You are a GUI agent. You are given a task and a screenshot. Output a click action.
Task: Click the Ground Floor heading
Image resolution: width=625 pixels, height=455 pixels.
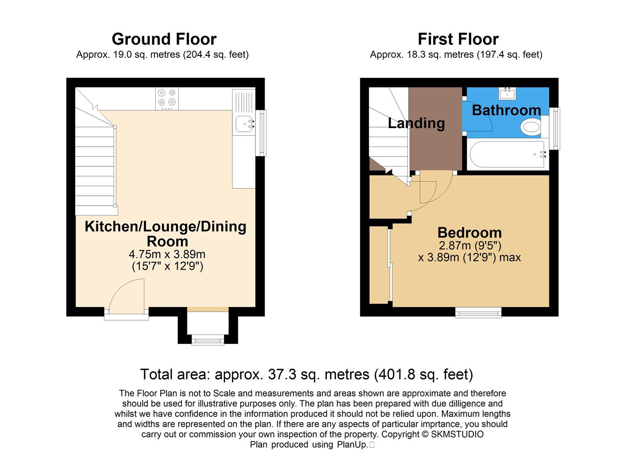164,39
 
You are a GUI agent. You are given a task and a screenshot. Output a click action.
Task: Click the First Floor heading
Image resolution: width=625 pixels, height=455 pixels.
458,39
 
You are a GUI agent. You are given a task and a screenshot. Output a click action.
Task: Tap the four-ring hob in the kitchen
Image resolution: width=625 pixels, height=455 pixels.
167,98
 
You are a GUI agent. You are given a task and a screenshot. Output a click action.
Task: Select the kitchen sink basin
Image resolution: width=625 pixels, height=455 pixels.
243,123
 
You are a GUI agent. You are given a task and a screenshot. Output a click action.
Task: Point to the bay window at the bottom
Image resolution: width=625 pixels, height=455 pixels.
208,339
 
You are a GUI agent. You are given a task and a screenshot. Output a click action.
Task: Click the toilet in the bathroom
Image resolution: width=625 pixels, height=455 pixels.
531,127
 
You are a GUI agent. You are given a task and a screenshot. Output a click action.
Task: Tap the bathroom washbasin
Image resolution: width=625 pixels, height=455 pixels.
508,93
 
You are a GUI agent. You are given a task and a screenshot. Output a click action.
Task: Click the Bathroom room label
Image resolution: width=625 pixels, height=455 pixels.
506,110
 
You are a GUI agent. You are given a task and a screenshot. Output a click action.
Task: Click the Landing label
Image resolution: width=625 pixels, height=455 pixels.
416,123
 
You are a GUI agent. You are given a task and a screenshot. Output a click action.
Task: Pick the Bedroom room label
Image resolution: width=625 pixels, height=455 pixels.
469,233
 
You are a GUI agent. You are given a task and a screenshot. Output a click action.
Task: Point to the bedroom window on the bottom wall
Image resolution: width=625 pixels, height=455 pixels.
478,312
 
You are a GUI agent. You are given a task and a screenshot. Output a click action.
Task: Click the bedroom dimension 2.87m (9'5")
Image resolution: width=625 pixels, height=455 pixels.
470,246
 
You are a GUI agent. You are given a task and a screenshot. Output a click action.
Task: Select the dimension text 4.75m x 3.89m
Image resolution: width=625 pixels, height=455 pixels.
167,254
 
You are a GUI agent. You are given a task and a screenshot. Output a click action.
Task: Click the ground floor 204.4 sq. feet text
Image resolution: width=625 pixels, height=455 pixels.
215,55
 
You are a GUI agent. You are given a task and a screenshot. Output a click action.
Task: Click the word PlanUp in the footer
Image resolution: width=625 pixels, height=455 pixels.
351,444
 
